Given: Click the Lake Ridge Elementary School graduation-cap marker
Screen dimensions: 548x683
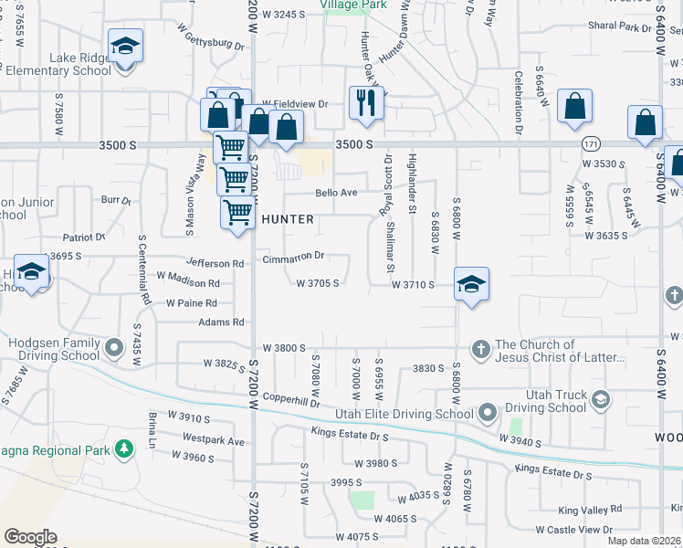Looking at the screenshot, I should [x=125, y=46].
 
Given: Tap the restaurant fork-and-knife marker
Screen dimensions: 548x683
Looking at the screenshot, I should [x=366, y=102].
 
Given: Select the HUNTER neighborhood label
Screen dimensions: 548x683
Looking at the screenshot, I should [x=288, y=219].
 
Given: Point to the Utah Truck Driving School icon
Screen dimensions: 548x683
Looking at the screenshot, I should [x=601, y=399].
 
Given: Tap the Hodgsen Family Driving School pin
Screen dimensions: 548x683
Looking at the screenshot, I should [x=113, y=348].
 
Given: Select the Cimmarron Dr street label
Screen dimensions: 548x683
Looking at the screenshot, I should [x=293, y=257].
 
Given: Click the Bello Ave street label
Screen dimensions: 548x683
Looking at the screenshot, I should [x=335, y=193].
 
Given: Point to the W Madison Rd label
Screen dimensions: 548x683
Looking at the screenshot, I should [x=188, y=283].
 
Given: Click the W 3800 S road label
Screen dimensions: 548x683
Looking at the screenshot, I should [x=282, y=348].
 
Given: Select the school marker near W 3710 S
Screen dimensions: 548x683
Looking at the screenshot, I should [x=471, y=284].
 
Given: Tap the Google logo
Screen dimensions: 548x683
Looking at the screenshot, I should [x=30, y=537].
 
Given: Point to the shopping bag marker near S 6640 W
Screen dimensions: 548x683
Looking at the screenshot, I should [x=574, y=106].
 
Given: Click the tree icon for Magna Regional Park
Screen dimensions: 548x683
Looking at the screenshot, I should [x=121, y=449].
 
